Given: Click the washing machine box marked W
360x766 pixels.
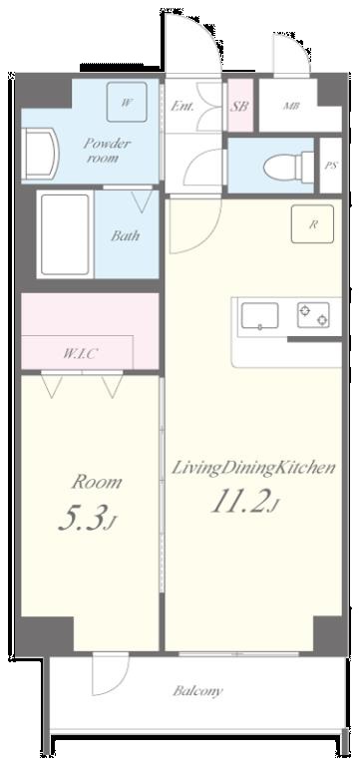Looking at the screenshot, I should tap(127, 102).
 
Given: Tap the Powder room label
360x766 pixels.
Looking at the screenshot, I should tap(107, 151).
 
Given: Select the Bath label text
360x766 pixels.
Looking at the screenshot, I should tap(125, 236).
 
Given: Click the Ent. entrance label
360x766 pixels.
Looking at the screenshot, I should tap(181, 106).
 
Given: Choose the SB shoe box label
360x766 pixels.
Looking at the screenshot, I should tap(240, 106).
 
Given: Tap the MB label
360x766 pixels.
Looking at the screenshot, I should tap(291, 106).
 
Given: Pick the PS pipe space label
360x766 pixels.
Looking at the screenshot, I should tap(330, 165).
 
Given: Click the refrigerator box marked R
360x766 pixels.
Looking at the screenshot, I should tap(312, 224).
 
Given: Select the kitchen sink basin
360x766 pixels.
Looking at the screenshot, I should tap(259, 317).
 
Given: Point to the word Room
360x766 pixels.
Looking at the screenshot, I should tap(96, 482).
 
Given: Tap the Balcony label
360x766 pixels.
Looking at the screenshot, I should tap(197, 690).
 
